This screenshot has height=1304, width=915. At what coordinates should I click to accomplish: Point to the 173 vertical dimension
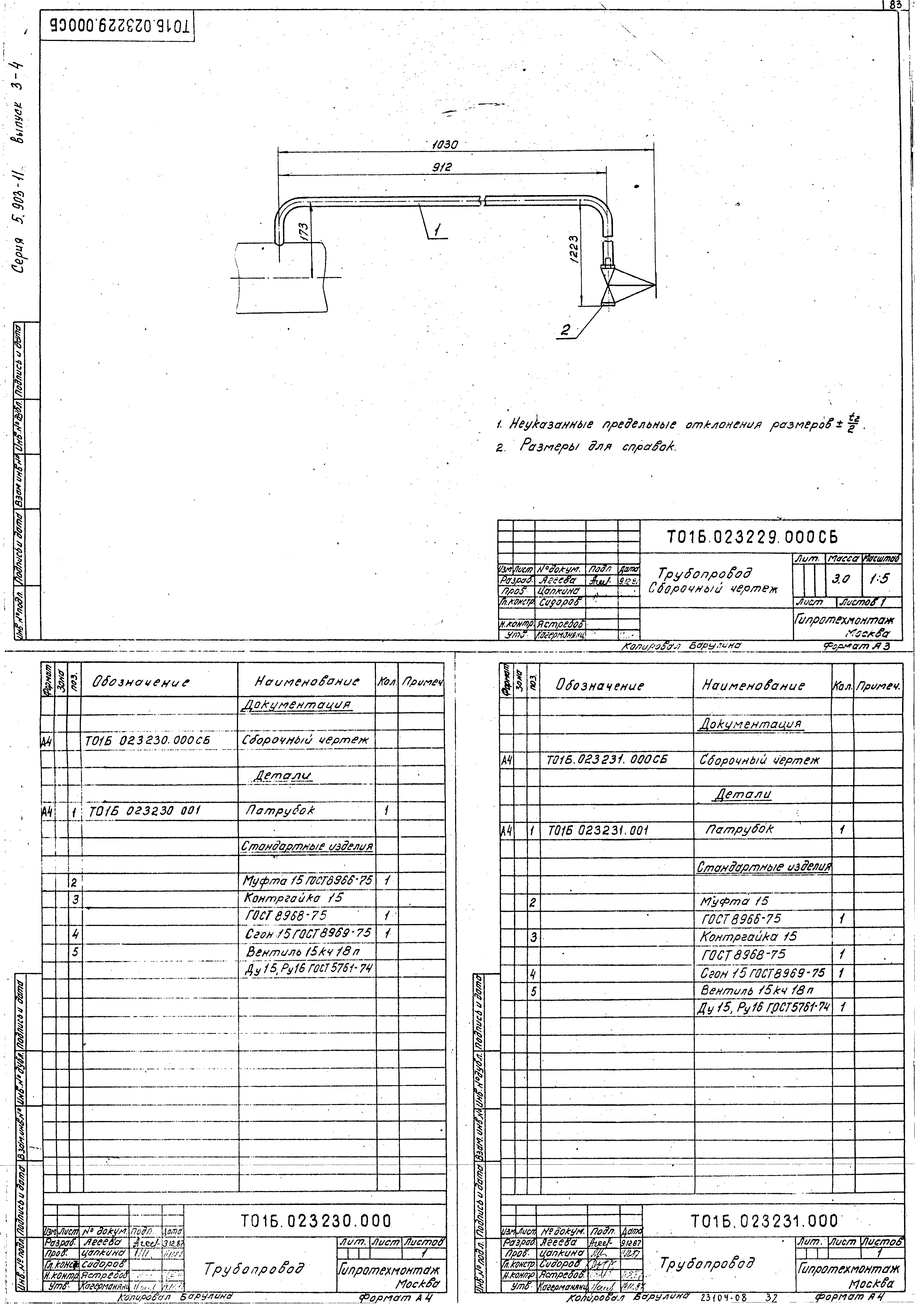304,232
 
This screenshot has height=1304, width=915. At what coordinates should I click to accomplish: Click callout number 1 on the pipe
436,230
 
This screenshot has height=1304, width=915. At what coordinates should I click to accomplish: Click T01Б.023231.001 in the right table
598,830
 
